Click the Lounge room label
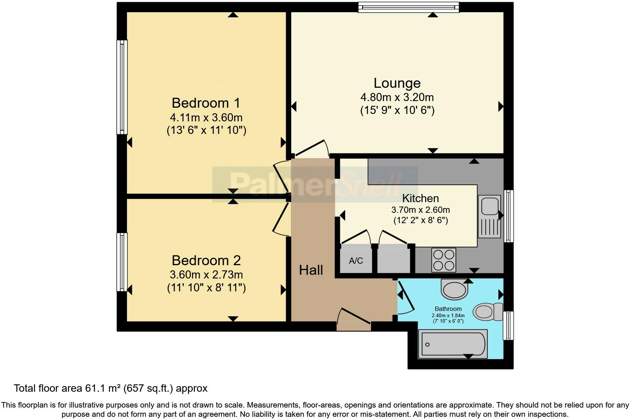tap(397, 83)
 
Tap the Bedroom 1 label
tap(206, 103)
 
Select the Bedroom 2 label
tap(206, 260)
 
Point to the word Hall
tap(311, 270)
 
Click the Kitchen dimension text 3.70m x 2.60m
tap(420, 210)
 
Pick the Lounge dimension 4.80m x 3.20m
tap(397, 97)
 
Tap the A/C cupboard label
tap(356, 260)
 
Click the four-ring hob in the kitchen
tap(444, 260)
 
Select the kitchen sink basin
tap(490, 206)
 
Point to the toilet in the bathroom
tap(488, 312)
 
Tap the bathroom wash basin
tap(454, 289)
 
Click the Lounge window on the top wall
tap(409, 7)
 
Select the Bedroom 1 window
tap(122, 87)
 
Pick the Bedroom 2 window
tap(122, 262)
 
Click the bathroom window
tap(508, 325)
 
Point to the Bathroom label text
tap(448, 309)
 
